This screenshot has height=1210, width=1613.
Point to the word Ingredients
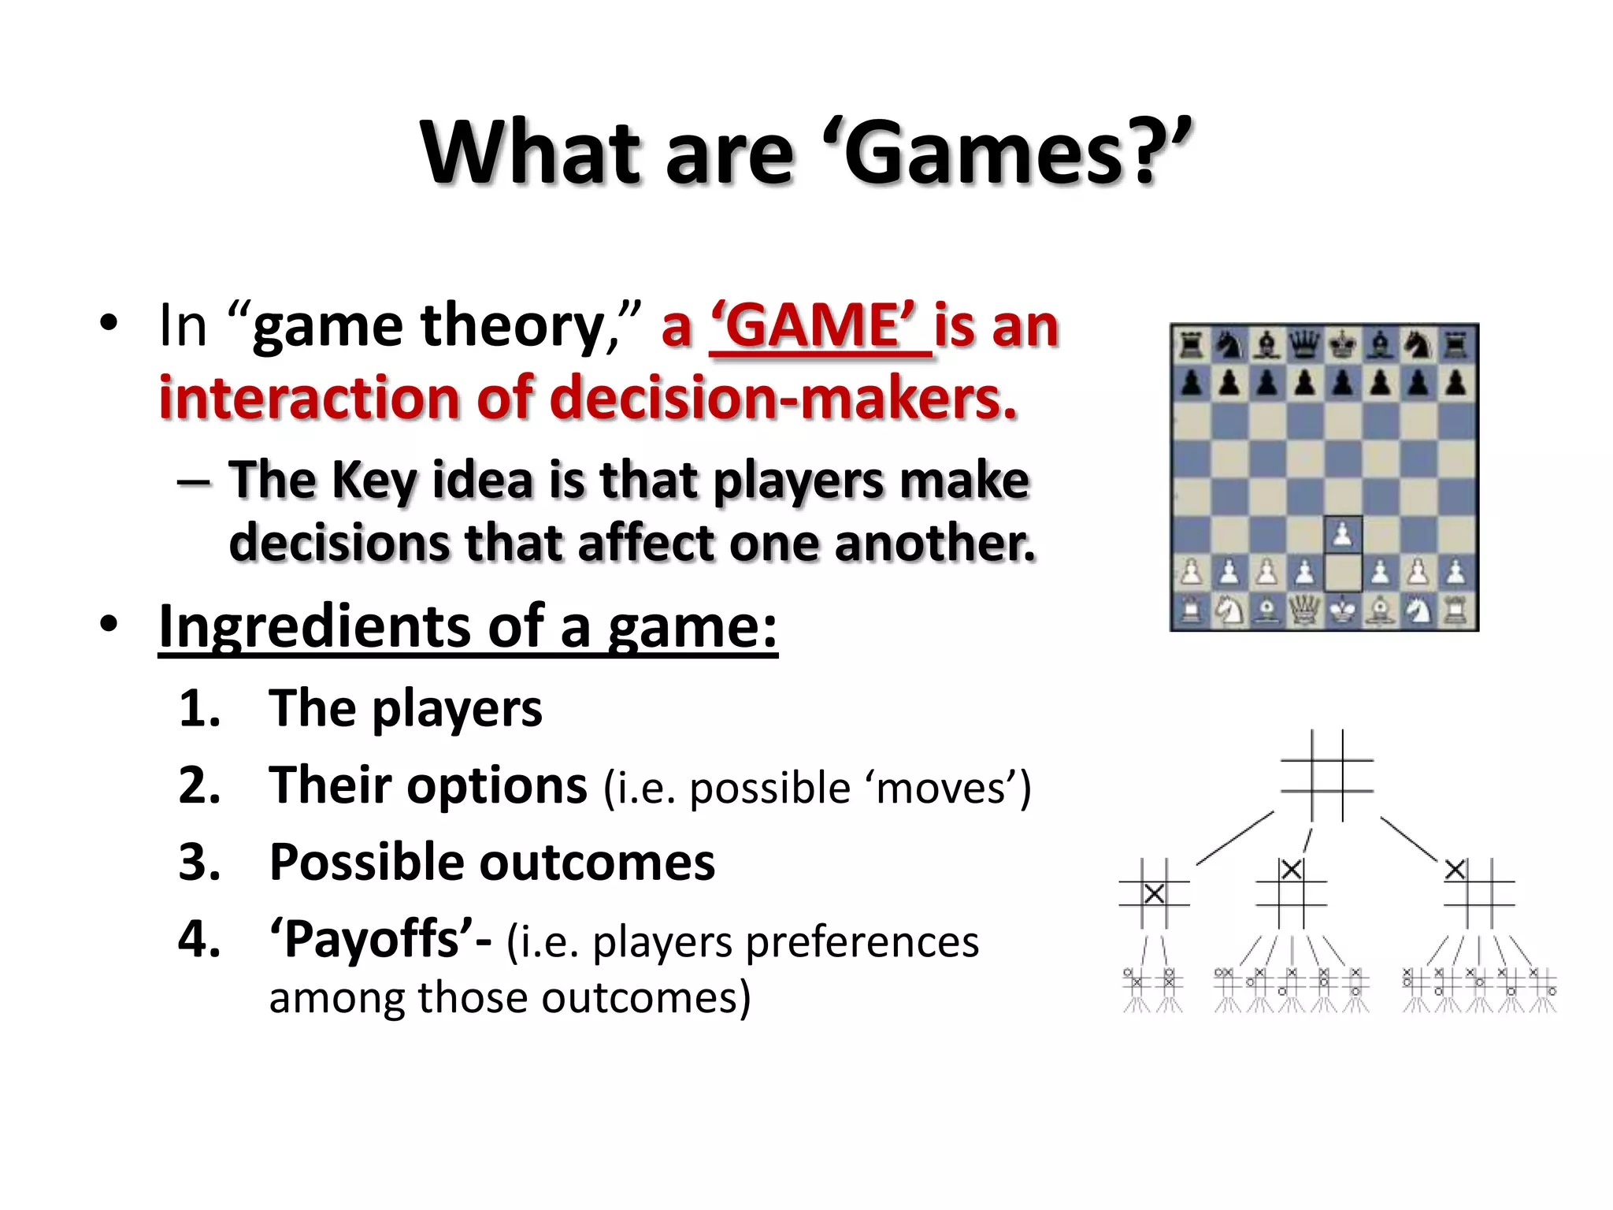click(312, 626)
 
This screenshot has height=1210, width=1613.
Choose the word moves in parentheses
click(938, 788)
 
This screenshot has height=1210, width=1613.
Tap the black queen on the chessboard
click(1304, 345)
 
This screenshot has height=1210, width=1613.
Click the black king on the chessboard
click(1343, 345)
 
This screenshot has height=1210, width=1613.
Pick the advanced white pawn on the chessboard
click(1343, 535)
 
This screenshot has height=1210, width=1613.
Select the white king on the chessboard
click(1343, 611)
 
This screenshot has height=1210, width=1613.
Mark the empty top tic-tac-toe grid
click(1327, 775)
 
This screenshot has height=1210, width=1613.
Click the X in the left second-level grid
click(1154, 894)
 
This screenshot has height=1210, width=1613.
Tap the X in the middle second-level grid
click(1291, 870)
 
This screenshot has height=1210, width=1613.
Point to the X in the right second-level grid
click(1455, 870)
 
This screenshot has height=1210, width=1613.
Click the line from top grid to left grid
click(1235, 838)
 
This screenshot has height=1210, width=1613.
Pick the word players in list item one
click(457, 708)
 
